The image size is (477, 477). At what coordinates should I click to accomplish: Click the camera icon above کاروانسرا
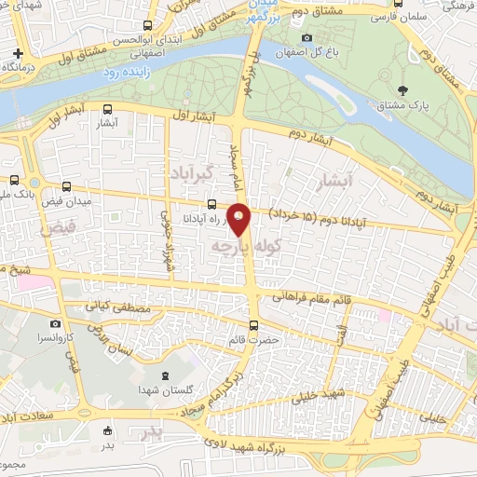pyautogui.click(x=56, y=322)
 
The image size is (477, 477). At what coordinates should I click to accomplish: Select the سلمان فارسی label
pyautogui.click(x=397, y=18)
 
